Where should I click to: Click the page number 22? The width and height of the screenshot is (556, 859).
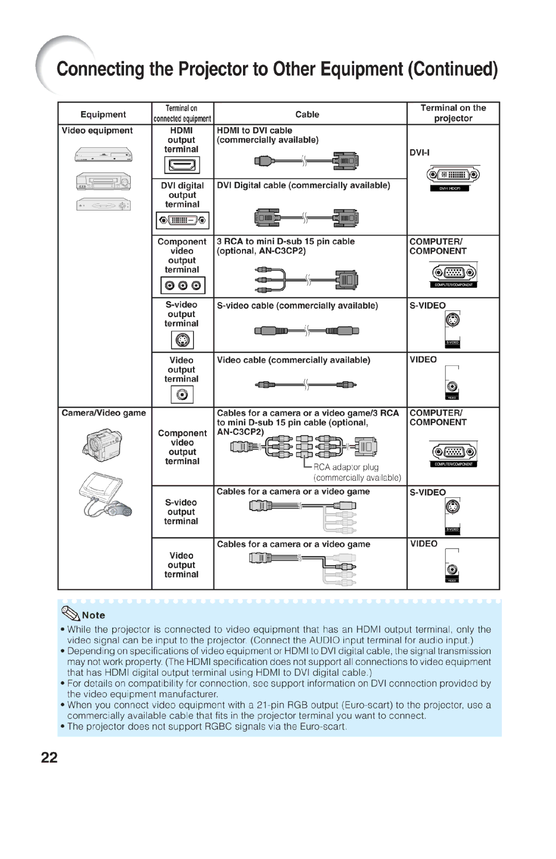tap(49, 757)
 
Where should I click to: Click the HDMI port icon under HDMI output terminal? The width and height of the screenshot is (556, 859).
tap(182, 165)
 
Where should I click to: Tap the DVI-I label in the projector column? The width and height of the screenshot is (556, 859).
tap(419, 153)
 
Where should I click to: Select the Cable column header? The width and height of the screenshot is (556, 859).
tap(307, 114)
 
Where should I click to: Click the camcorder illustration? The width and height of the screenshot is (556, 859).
tap(103, 445)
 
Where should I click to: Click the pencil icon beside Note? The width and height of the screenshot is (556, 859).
tap(70, 613)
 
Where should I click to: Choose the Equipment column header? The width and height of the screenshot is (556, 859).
tap(103, 114)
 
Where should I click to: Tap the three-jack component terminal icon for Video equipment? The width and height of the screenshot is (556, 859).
tap(182, 285)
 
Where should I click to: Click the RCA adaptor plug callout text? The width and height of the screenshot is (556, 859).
tap(346, 467)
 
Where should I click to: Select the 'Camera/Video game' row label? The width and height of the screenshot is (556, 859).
tap(103, 413)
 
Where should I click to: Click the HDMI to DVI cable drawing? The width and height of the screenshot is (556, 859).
tap(306, 161)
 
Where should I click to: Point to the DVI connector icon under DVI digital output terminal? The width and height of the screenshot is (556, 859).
tap(182, 220)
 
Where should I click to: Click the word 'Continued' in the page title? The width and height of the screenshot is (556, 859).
tap(453, 69)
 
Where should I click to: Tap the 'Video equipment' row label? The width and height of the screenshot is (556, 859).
tap(97, 131)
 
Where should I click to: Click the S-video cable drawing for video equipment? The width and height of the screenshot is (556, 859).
tap(306, 331)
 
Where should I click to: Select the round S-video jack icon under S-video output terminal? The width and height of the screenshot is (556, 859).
tap(182, 340)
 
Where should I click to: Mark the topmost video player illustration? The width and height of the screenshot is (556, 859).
tap(103, 154)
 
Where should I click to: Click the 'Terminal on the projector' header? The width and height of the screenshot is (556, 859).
tap(453, 113)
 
